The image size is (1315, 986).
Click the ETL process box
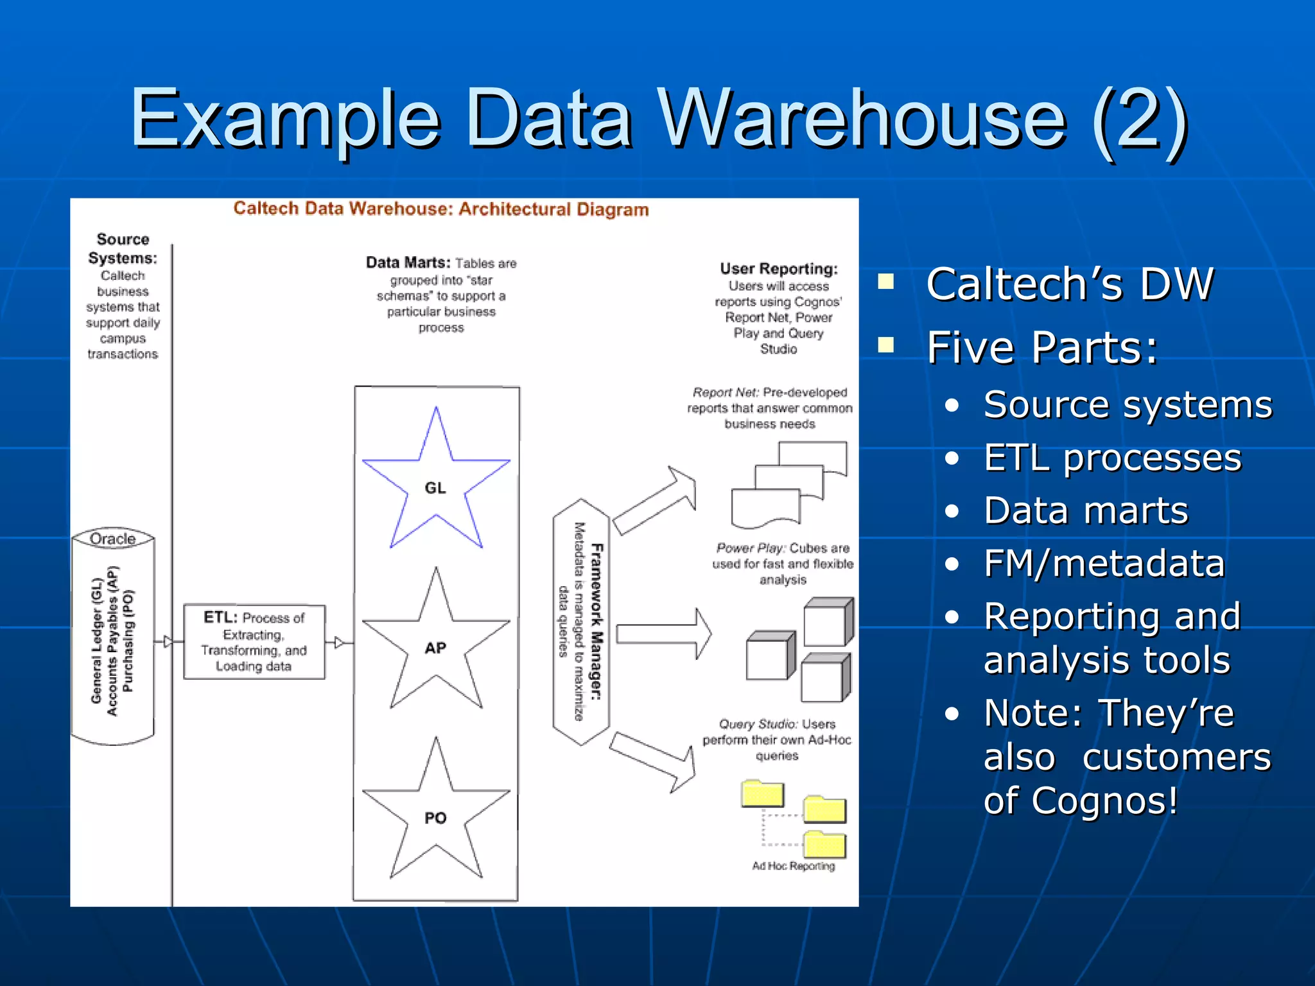(254, 641)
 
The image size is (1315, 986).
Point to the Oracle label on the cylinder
(113, 539)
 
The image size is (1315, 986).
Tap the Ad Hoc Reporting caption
(794, 866)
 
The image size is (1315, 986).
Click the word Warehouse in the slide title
(861, 119)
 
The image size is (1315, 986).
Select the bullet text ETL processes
(1113, 458)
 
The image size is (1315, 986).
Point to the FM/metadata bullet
(1104, 564)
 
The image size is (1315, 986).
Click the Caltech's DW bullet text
(1070, 284)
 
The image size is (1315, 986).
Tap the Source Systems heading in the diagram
(123, 248)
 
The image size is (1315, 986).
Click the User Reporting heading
(778, 268)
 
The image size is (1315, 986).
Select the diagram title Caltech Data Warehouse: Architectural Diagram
(441, 209)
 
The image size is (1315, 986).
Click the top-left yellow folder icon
(762, 794)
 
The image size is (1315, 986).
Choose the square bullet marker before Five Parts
(886, 345)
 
